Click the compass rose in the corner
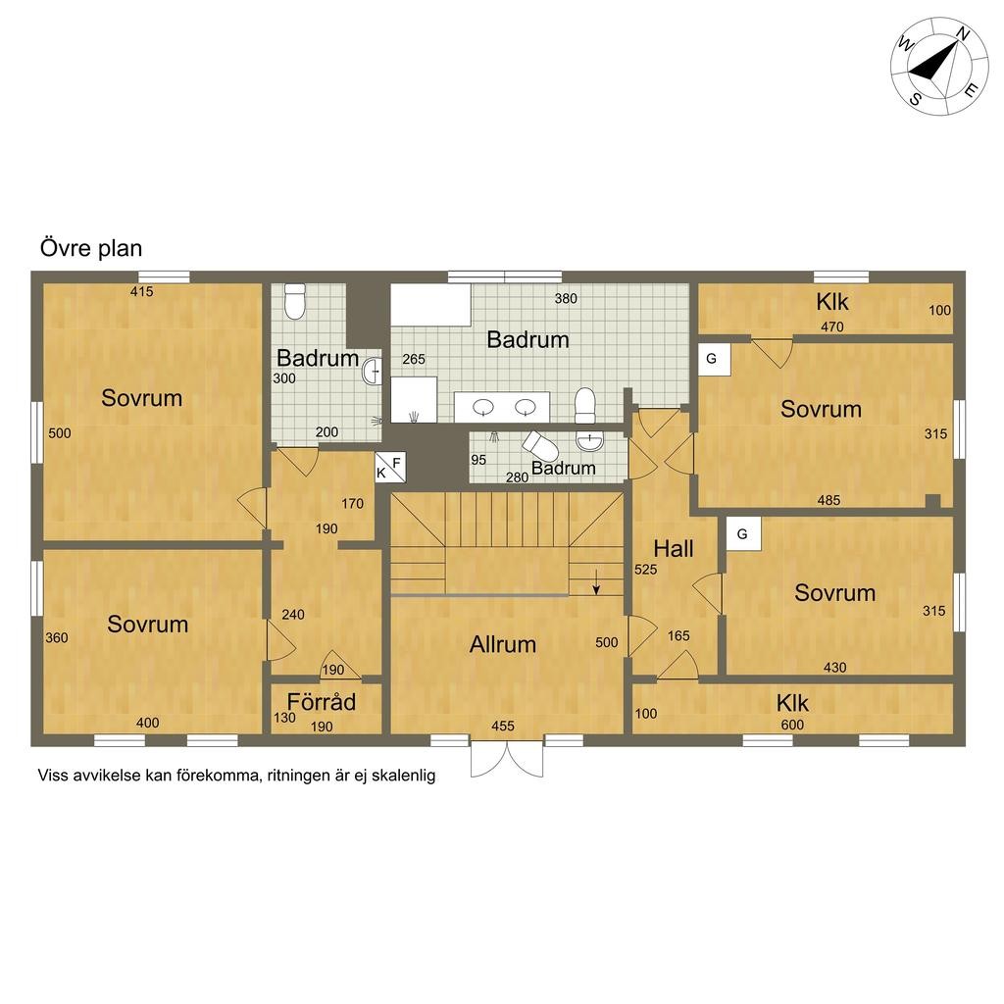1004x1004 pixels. click(938, 65)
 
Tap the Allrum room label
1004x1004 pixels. click(503, 644)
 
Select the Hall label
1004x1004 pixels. click(674, 548)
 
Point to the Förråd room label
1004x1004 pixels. click(322, 702)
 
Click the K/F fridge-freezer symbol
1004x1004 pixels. click(389, 468)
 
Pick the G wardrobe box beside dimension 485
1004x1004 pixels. click(712, 359)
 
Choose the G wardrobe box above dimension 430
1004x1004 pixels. click(742, 533)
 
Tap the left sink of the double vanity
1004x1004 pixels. click(482, 406)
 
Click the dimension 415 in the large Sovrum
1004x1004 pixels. click(141, 291)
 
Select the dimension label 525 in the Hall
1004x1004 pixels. click(645, 568)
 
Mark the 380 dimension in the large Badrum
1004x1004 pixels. click(566, 299)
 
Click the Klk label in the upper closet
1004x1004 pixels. click(832, 301)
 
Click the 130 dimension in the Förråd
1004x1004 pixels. click(283, 717)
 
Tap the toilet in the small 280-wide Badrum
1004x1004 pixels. click(540, 448)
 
